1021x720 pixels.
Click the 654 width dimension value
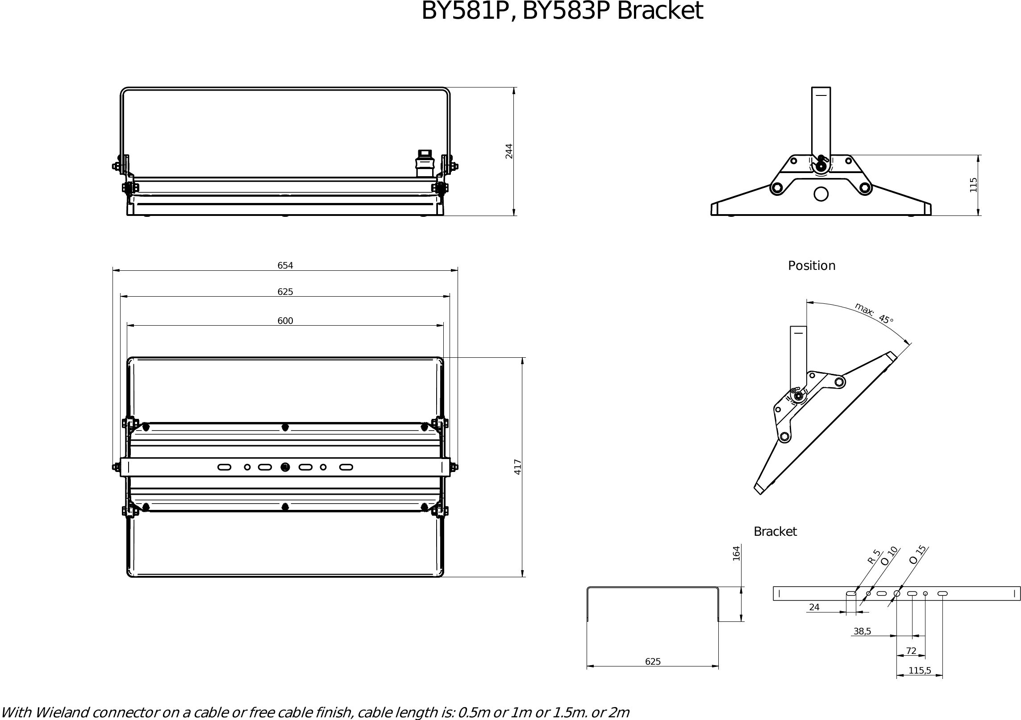pos(285,265)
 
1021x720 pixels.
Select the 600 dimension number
pos(285,321)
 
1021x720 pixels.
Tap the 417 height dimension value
pos(518,467)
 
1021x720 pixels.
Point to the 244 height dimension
pos(509,151)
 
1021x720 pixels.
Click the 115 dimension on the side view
pos(973,185)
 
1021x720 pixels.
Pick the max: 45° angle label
pos(874,314)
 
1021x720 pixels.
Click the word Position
pos(811,266)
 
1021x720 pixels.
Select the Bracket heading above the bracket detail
pos(775,531)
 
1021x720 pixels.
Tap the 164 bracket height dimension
pos(736,553)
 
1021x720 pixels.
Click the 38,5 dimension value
pos(862,631)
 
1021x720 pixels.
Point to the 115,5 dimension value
pos(920,670)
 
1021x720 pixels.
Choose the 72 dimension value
pos(911,651)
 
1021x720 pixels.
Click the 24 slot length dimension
pos(814,607)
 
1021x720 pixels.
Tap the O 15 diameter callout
pos(918,554)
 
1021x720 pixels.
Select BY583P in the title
pos(566,11)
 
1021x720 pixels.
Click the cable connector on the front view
pos(424,164)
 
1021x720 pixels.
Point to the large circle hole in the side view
pos(821,194)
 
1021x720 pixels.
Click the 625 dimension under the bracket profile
pos(653,662)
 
